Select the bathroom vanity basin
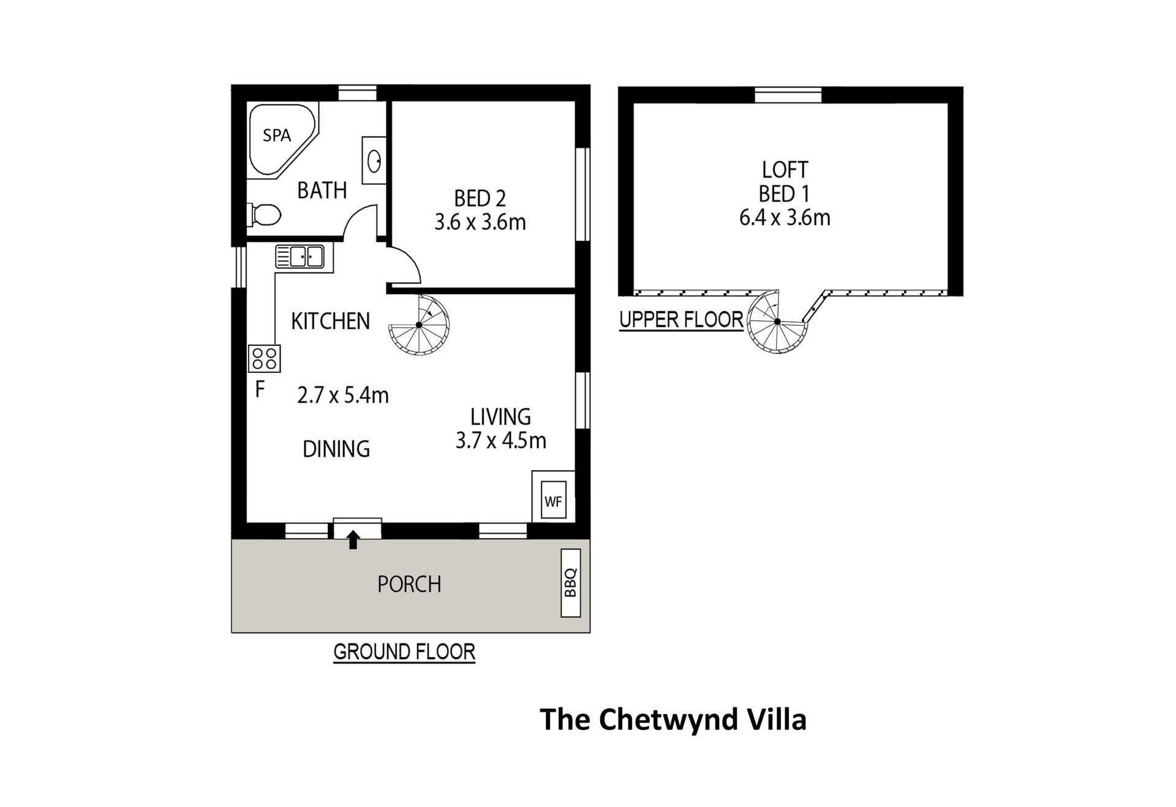(374, 161)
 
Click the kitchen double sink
(300, 257)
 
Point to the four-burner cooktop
(264, 358)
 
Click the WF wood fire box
(553, 501)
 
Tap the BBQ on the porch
(571, 582)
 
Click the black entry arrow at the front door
(353, 539)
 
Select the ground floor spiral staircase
(419, 325)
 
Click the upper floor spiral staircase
(777, 321)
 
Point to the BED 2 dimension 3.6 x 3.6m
(480, 222)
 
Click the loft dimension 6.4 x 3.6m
(785, 217)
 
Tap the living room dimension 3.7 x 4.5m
(500, 440)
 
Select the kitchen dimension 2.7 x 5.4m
(343, 396)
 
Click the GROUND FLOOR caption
(404, 652)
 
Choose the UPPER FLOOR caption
(681, 320)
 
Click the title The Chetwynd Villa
(673, 719)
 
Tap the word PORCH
(409, 585)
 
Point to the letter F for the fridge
(260, 389)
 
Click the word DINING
(336, 449)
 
